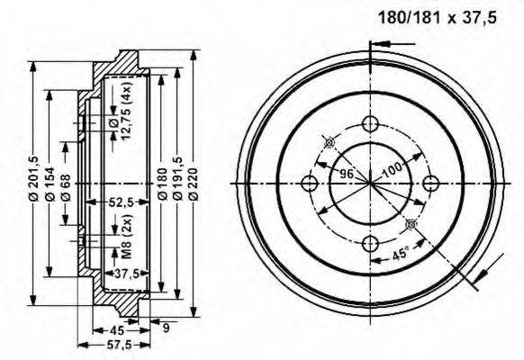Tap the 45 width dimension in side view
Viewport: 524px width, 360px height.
[x=116, y=328]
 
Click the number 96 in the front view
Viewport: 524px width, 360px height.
[x=347, y=173]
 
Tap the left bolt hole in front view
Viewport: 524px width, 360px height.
[x=310, y=184]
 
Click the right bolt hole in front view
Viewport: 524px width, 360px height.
[x=430, y=184]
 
